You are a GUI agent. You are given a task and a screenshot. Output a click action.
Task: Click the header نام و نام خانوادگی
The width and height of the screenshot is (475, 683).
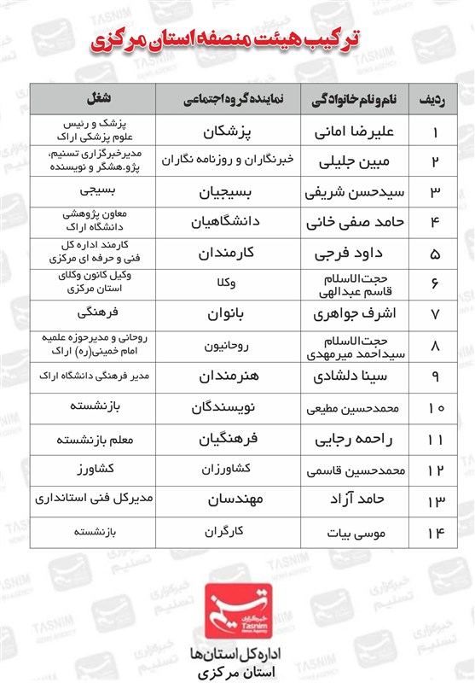pos(353,99)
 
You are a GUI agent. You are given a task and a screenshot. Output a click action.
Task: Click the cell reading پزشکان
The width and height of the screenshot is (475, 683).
pos(234,132)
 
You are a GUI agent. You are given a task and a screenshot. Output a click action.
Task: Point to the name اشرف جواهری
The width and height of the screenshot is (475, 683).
pos(355,314)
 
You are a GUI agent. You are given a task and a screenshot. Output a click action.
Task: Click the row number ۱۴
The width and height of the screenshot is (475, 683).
pos(435,533)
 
